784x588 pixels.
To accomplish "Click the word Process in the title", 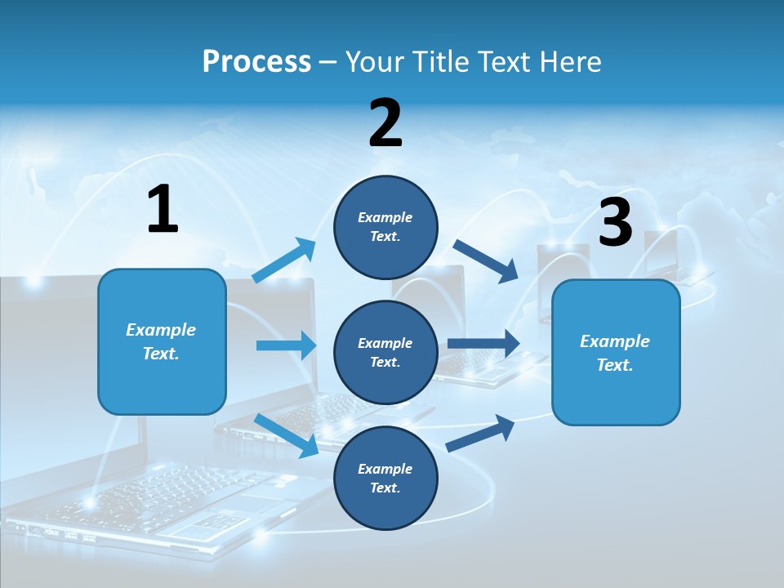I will (x=256, y=61).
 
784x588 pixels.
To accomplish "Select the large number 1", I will (x=163, y=210).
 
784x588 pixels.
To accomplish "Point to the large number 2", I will (x=385, y=123).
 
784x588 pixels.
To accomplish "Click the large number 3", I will (x=615, y=223).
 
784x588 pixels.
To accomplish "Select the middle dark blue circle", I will (x=385, y=352).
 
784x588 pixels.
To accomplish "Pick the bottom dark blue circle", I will (x=385, y=478).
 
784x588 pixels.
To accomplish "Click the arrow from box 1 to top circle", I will (x=284, y=261).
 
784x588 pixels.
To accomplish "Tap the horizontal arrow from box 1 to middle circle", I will (x=286, y=345).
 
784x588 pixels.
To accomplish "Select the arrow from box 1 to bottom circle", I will (x=286, y=434).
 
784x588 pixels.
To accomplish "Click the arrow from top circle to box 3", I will (x=486, y=261).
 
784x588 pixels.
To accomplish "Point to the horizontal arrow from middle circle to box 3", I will (x=483, y=344).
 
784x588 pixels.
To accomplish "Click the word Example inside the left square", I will (x=161, y=330).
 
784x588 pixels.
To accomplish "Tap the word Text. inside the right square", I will (x=615, y=365).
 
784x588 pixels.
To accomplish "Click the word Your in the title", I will (x=373, y=61).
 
